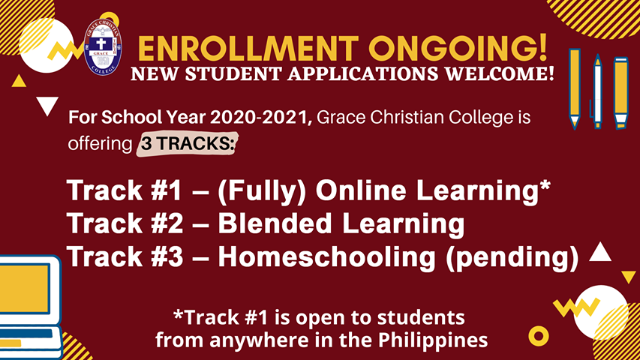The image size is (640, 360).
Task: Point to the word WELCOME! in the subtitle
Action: pos(502,75)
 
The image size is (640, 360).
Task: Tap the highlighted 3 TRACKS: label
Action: pos(185,142)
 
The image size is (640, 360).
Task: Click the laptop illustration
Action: pos(29,307)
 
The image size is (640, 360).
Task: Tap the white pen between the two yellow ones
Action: pos(598,92)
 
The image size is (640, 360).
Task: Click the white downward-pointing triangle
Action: pos(47,106)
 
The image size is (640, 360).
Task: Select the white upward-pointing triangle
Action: pos(600,252)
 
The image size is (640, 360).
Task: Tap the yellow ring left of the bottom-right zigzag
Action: pos(538,336)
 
